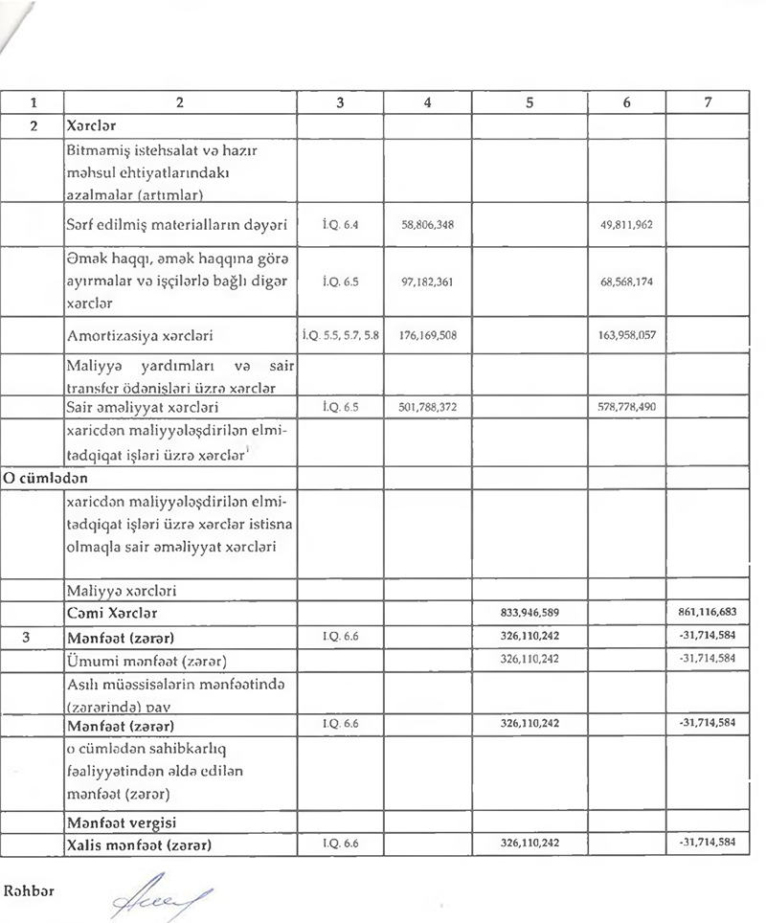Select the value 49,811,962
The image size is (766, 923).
coord(627,227)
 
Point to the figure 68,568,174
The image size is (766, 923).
coord(627,283)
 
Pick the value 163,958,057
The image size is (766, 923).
coord(625,336)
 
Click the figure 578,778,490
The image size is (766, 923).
coord(625,406)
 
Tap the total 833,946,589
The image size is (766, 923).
coord(529,611)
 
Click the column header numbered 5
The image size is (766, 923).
coord(529,101)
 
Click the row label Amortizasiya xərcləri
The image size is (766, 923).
coord(140,336)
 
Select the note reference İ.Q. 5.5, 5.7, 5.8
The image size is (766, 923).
coord(340,336)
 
